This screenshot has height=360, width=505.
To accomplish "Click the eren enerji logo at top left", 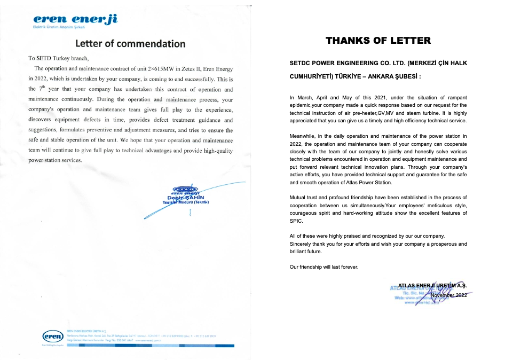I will point(75,22).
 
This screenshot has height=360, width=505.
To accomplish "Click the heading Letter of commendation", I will point(130,44).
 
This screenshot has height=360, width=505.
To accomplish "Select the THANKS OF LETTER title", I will point(378,41).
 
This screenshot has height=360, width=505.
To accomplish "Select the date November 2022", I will point(448,295).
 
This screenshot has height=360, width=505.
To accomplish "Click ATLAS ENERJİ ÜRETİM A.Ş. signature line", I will point(432,287).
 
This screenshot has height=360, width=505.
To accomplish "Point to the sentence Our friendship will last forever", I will point(324,267).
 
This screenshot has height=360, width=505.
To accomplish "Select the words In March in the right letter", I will point(302,98).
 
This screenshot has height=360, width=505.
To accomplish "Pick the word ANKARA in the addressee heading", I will point(389,76).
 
